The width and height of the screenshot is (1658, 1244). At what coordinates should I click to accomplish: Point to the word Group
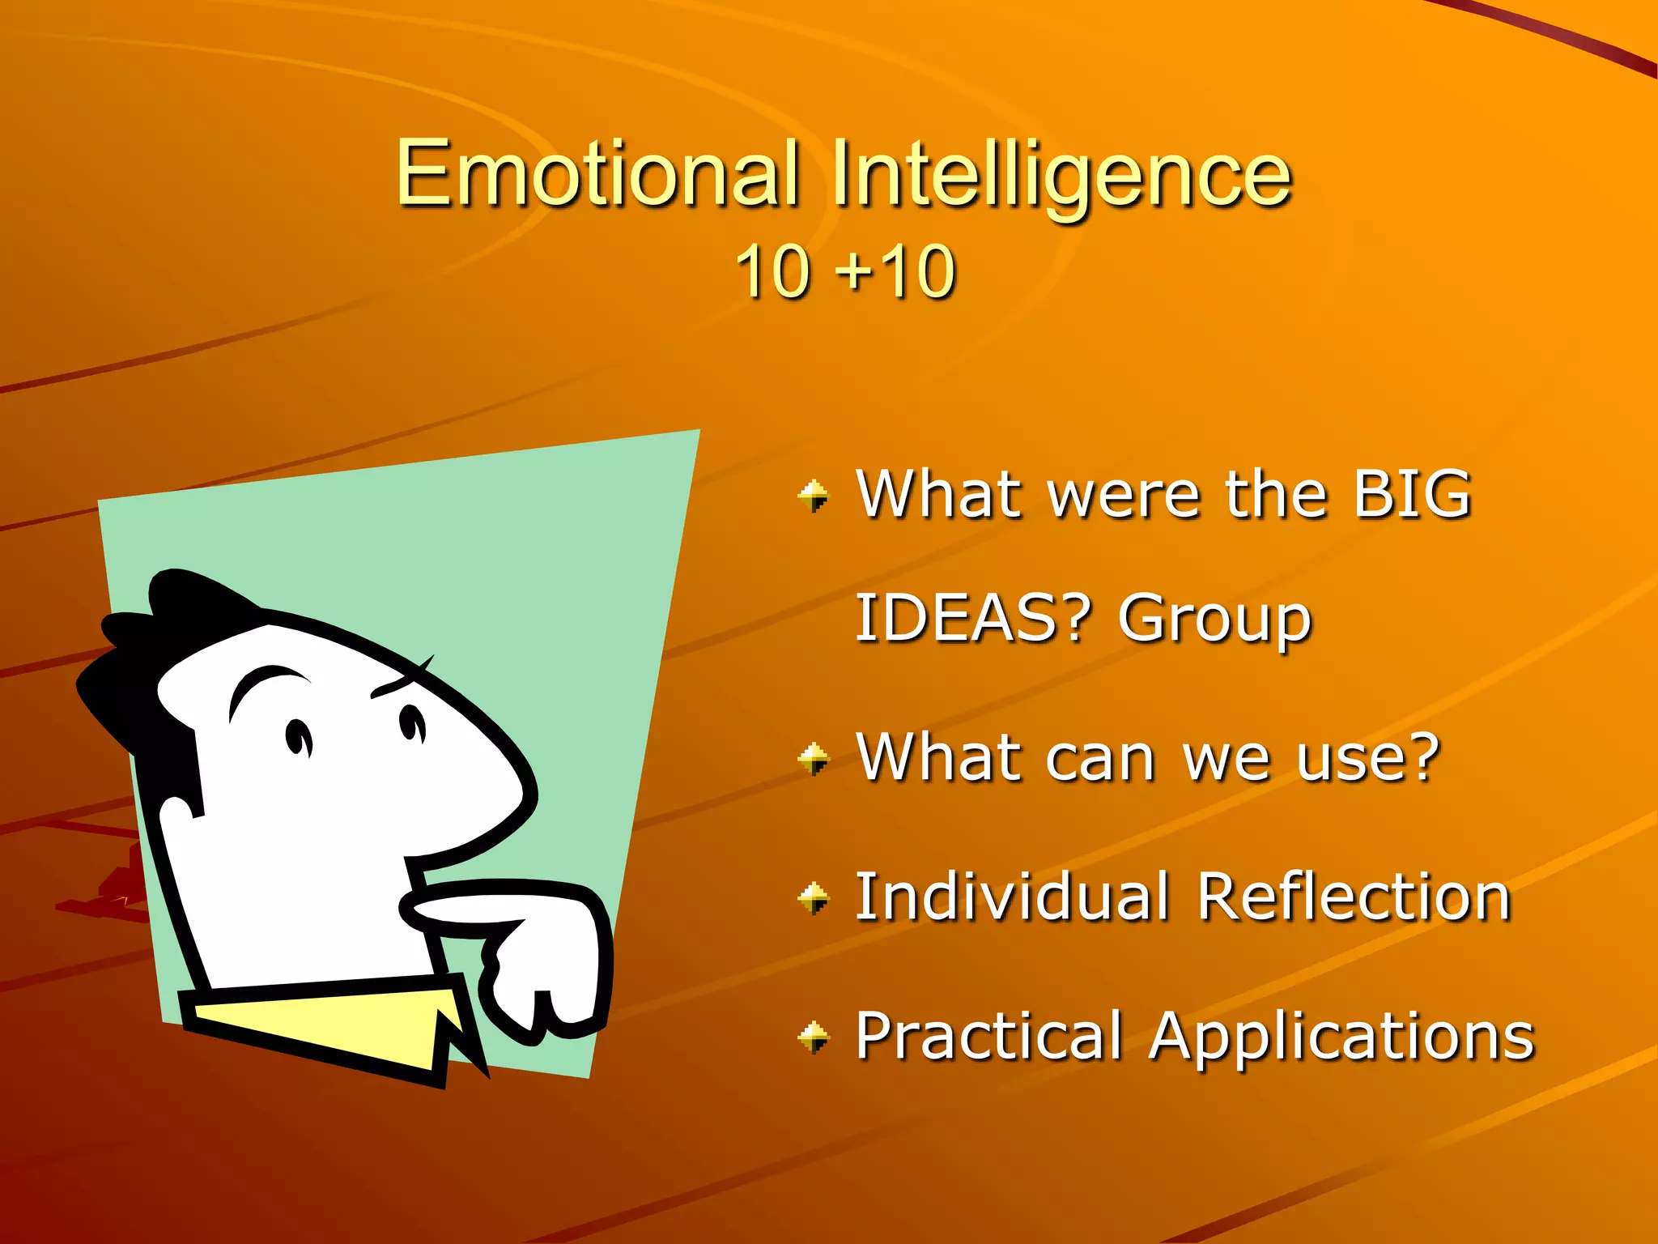pyautogui.click(x=1214, y=620)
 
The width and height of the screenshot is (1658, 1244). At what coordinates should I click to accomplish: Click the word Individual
pyautogui.click(x=1012, y=897)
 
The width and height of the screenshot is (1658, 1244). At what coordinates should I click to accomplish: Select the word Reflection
pyautogui.click(x=1354, y=897)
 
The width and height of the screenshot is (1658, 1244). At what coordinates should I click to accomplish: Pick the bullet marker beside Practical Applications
pyautogui.click(x=814, y=1037)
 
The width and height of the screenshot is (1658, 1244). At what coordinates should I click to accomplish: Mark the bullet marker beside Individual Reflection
pyautogui.click(x=814, y=897)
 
